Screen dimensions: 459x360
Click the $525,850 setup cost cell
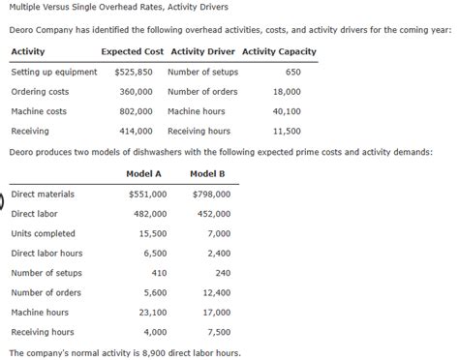[134, 72]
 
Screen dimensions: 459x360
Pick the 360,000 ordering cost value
[136, 92]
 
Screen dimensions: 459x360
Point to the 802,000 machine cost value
[136, 111]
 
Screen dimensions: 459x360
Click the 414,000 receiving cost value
[136, 131]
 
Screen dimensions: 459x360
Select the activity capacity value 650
[294, 72]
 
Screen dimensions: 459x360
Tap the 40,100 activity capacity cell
[287, 111]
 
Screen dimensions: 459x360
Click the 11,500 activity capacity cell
[287, 131]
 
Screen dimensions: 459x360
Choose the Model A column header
[143, 173]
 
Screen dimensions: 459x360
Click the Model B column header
[208, 173]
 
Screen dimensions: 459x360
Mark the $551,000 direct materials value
[148, 195]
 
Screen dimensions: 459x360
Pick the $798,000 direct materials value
[212, 195]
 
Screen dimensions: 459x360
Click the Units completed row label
[43, 233]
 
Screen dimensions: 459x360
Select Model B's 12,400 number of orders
[215, 292]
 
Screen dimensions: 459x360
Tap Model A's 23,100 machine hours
[152, 313]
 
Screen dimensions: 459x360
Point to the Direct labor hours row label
[46, 253]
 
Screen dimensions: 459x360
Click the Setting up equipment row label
[53, 72]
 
